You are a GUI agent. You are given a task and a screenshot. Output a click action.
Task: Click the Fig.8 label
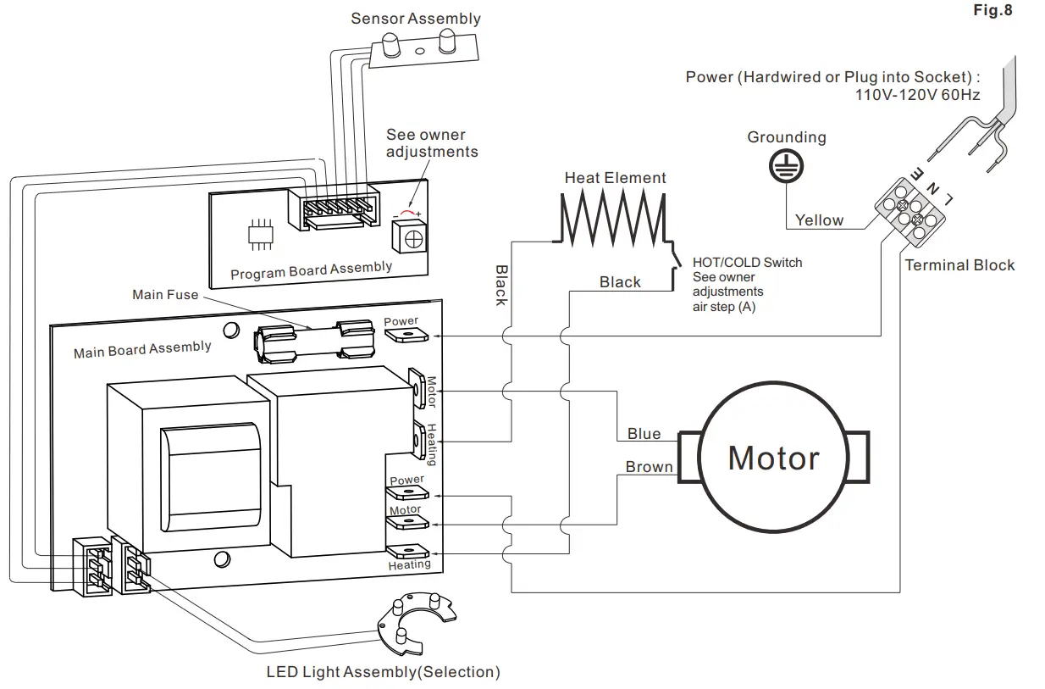point(992,10)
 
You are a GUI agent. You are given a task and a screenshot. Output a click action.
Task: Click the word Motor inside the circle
point(774,458)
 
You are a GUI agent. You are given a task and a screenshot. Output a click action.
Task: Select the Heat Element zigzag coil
point(611,218)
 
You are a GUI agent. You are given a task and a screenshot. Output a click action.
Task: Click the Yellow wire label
point(819,220)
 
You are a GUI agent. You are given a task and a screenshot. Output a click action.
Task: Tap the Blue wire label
point(644,434)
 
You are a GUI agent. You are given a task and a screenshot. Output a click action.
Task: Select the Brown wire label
point(650,467)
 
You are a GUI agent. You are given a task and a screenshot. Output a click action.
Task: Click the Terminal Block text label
point(959,265)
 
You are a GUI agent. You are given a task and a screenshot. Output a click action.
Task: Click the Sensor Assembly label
point(415,19)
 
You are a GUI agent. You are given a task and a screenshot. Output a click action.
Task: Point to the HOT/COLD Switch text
point(747,263)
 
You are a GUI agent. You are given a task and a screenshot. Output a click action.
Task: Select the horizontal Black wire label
point(620,282)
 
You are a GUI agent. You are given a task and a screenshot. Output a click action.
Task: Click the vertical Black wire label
point(501,286)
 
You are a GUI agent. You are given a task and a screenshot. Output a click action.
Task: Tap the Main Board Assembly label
point(142,348)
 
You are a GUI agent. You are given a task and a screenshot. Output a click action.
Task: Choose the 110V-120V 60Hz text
point(918,95)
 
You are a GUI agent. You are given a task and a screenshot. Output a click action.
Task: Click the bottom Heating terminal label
point(409,564)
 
